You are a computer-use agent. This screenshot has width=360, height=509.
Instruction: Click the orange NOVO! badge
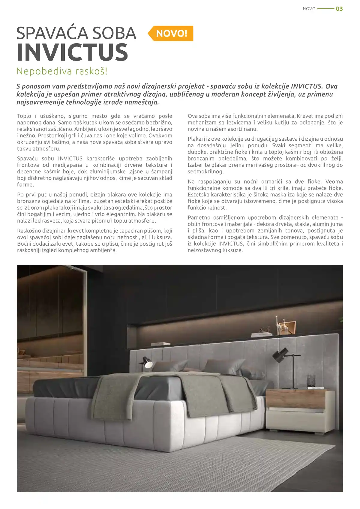pyautogui.click(x=171, y=33)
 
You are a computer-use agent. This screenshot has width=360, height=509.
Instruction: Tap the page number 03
pyautogui.click(x=339, y=9)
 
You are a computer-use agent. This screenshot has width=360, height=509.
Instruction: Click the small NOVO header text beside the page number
pyautogui.click(x=309, y=9)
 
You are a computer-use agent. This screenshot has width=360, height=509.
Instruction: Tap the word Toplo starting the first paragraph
pyautogui.click(x=24, y=116)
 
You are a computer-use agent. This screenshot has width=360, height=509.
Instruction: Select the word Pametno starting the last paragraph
pyautogui.click(x=199, y=217)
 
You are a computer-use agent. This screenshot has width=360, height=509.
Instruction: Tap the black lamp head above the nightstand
pyautogui.click(x=279, y=355)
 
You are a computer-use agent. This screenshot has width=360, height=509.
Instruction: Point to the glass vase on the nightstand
pyautogui.click(x=310, y=380)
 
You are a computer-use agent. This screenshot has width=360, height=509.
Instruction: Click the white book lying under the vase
pyautogui.click(x=316, y=388)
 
